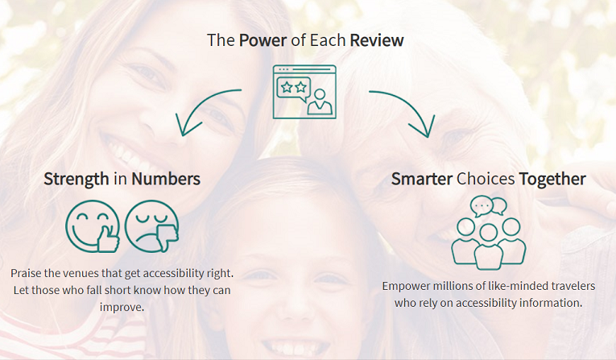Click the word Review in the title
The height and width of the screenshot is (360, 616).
pyautogui.click(x=377, y=40)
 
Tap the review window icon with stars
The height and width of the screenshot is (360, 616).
pyautogui.click(x=304, y=91)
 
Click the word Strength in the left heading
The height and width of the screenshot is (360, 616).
pyautogui.click(x=76, y=178)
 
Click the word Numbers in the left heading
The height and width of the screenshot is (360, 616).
pyautogui.click(x=166, y=178)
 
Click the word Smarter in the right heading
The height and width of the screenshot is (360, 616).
pyautogui.click(x=422, y=178)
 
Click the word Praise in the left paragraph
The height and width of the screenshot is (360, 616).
pyautogui.click(x=27, y=273)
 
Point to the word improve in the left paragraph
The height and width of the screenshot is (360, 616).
pyautogui.click(x=122, y=307)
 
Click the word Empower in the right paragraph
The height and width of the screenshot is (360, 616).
pyautogui.click(x=409, y=286)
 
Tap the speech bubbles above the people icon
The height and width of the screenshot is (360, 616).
pyautogui.click(x=488, y=205)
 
